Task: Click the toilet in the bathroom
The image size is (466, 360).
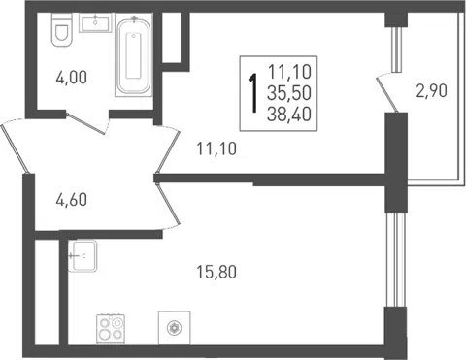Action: (61, 30)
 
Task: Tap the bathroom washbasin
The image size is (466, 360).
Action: (95, 22)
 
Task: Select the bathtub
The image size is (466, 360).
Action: (134, 55)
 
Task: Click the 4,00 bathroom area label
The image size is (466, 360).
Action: (72, 78)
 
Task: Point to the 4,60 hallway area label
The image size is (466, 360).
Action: (72, 200)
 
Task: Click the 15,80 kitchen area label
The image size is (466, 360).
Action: (216, 272)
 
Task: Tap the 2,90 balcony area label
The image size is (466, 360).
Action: (432, 90)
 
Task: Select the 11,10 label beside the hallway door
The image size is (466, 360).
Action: (216, 148)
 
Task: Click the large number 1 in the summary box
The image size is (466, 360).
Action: (252, 93)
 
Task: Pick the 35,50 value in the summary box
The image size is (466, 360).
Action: (289, 93)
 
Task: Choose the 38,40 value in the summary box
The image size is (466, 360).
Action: (289, 115)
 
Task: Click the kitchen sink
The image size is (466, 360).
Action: (83, 255)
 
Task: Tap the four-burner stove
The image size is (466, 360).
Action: (111, 329)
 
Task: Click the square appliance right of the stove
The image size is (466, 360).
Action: (174, 328)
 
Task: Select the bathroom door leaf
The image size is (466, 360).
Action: (86, 123)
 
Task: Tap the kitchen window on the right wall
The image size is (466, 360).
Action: (396, 260)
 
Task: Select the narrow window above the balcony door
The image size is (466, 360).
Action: (396, 49)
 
